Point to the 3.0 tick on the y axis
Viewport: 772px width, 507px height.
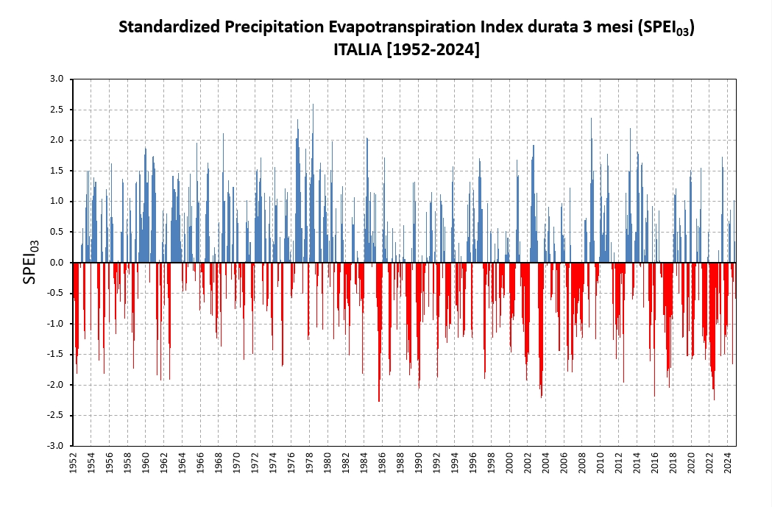tap(57, 79)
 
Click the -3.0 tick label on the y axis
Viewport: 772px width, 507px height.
tap(55, 446)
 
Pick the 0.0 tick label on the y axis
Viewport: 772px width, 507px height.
tap(57, 263)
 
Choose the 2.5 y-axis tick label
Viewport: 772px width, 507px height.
tap(57, 110)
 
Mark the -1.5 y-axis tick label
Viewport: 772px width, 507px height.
tap(55, 354)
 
